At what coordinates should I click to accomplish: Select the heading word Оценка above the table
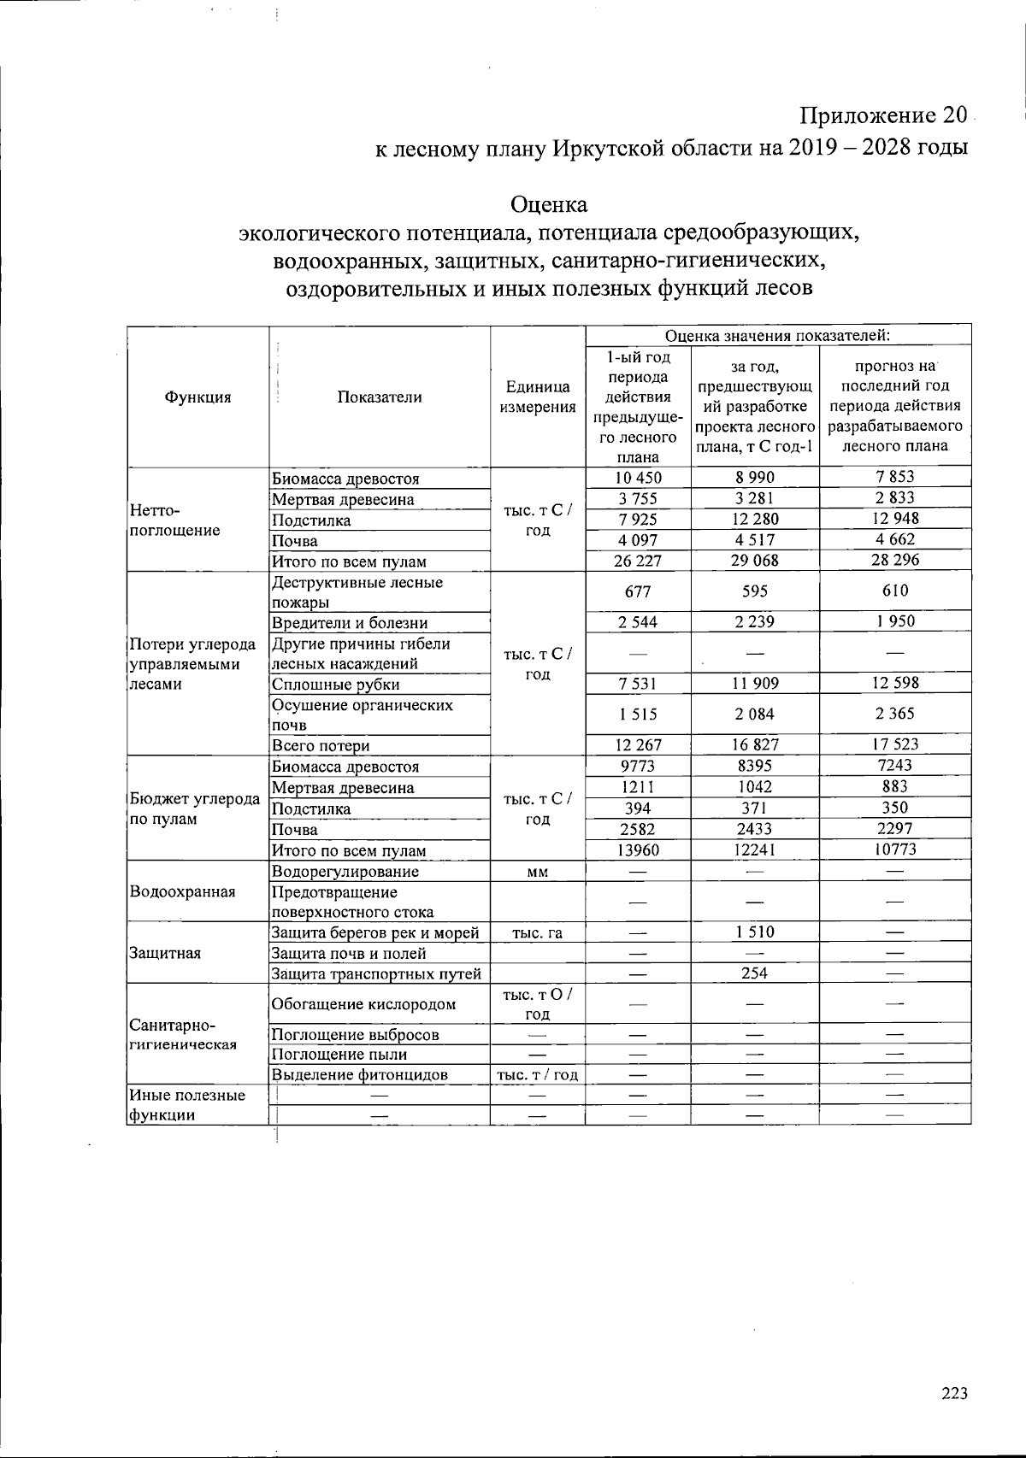pyautogui.click(x=549, y=205)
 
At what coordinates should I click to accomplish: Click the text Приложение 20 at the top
pyautogui.click(x=883, y=115)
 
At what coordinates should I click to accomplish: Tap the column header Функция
pyautogui.click(x=198, y=397)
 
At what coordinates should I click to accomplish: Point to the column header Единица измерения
pyautogui.click(x=537, y=397)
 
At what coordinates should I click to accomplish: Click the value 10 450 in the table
pyautogui.click(x=638, y=478)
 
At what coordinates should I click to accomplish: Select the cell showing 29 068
pyautogui.click(x=754, y=561)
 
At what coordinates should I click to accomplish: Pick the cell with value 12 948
pyautogui.click(x=895, y=519)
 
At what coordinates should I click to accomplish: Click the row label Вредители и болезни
pyautogui.click(x=349, y=622)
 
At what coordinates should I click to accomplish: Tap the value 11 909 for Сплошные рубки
pyautogui.click(x=754, y=683)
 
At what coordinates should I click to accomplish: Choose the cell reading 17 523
pyautogui.click(x=895, y=744)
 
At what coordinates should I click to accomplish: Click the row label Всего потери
pyautogui.click(x=321, y=745)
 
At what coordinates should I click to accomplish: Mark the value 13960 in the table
pyautogui.click(x=638, y=850)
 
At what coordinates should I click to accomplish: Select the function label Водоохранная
pyautogui.click(x=182, y=891)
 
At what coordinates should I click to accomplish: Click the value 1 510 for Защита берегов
pyautogui.click(x=754, y=932)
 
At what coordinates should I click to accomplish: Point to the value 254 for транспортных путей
pyautogui.click(x=754, y=973)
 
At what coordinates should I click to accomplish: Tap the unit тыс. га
pyautogui.click(x=537, y=932)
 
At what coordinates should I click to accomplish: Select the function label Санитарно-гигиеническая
pyautogui.click(x=182, y=1034)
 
